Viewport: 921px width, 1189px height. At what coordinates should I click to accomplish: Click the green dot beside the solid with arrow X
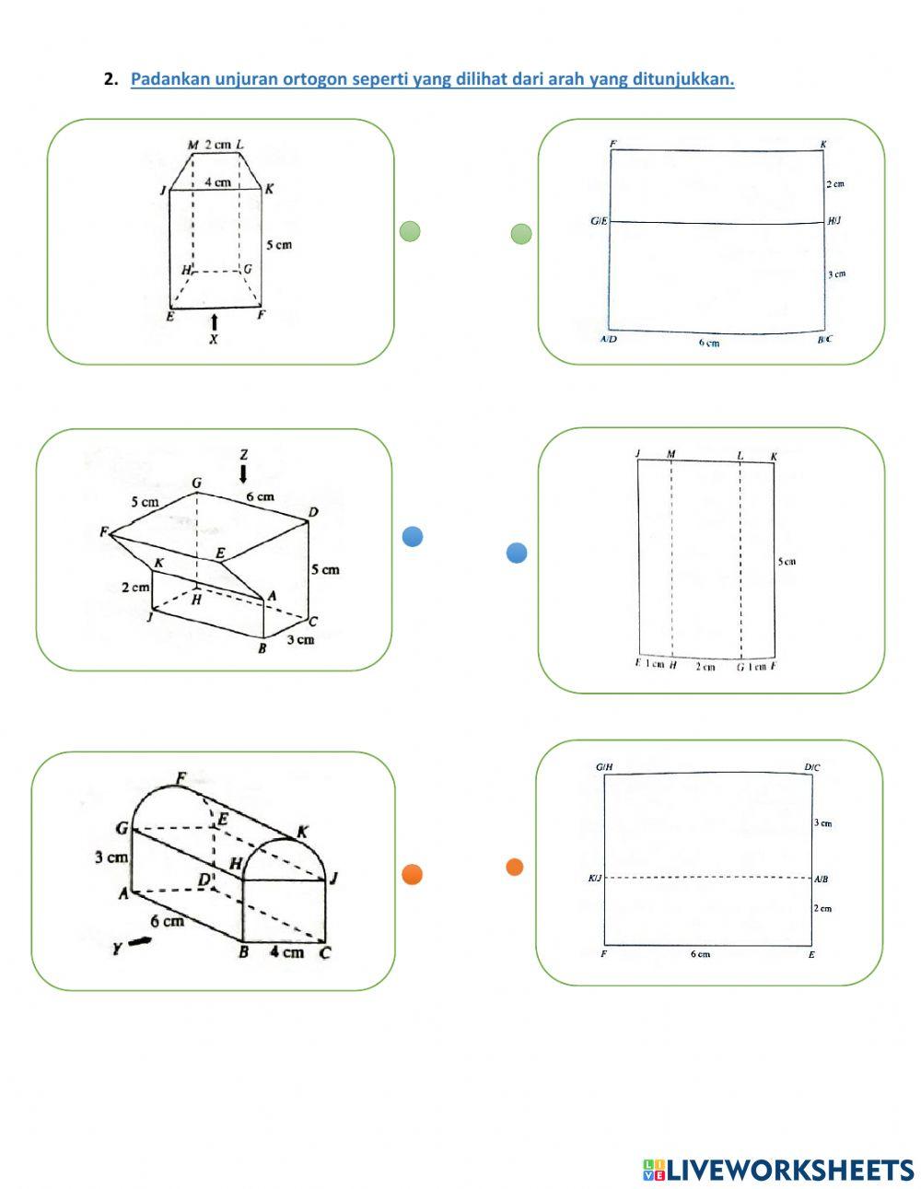pyautogui.click(x=410, y=232)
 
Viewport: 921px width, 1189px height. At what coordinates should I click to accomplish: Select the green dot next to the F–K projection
pyautogui.click(x=521, y=234)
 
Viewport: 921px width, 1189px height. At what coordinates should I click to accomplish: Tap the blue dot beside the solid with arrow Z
pyautogui.click(x=413, y=536)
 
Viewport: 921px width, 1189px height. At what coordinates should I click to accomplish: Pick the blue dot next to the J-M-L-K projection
pyautogui.click(x=517, y=553)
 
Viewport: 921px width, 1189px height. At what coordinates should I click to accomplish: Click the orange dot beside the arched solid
pyautogui.click(x=413, y=875)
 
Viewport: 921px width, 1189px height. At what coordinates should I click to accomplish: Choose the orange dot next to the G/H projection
pyautogui.click(x=515, y=867)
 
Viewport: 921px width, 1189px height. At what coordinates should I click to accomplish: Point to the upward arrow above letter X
pyautogui.click(x=215, y=321)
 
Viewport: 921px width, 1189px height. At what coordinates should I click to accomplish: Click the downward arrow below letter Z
pyautogui.click(x=243, y=473)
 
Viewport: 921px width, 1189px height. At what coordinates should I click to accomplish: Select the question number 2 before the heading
pyautogui.click(x=111, y=79)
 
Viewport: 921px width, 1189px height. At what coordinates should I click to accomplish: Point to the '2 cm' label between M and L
pyautogui.click(x=217, y=145)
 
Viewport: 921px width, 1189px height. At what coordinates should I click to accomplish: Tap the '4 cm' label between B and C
pyautogui.click(x=286, y=952)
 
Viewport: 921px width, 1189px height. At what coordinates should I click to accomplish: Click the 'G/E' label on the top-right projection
pyautogui.click(x=599, y=222)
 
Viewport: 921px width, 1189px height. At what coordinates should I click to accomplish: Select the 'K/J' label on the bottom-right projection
pyautogui.click(x=595, y=879)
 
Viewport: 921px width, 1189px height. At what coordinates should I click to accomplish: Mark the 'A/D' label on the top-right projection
pyautogui.click(x=609, y=339)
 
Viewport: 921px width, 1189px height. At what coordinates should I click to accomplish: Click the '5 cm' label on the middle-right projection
pyautogui.click(x=787, y=561)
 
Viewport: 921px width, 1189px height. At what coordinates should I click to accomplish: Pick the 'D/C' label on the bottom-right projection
pyautogui.click(x=811, y=767)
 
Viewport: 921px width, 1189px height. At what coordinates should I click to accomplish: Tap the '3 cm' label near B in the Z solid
pyautogui.click(x=299, y=639)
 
